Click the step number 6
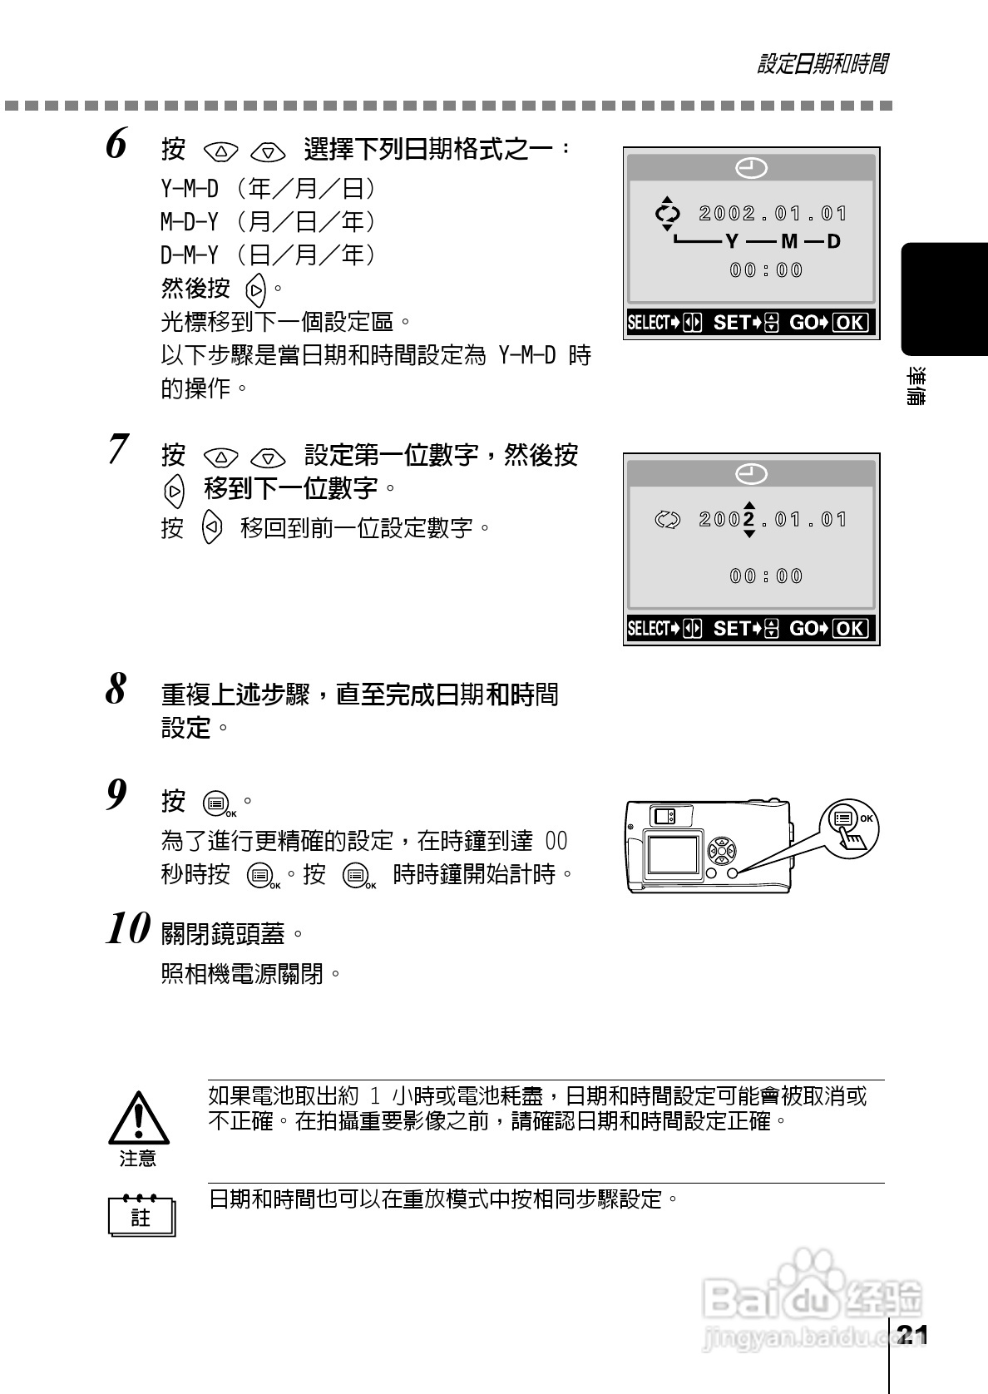point(117,144)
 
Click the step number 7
point(117,449)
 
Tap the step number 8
point(117,689)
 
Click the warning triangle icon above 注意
point(139,1116)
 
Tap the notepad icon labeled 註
point(141,1216)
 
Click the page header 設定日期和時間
point(822,64)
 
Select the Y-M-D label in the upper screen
point(782,242)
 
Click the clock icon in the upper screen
point(751,168)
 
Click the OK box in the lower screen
point(849,629)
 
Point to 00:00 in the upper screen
point(766,270)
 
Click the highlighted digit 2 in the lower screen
point(749,520)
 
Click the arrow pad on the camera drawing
point(721,850)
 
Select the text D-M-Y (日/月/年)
point(268,255)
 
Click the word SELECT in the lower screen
point(649,629)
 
